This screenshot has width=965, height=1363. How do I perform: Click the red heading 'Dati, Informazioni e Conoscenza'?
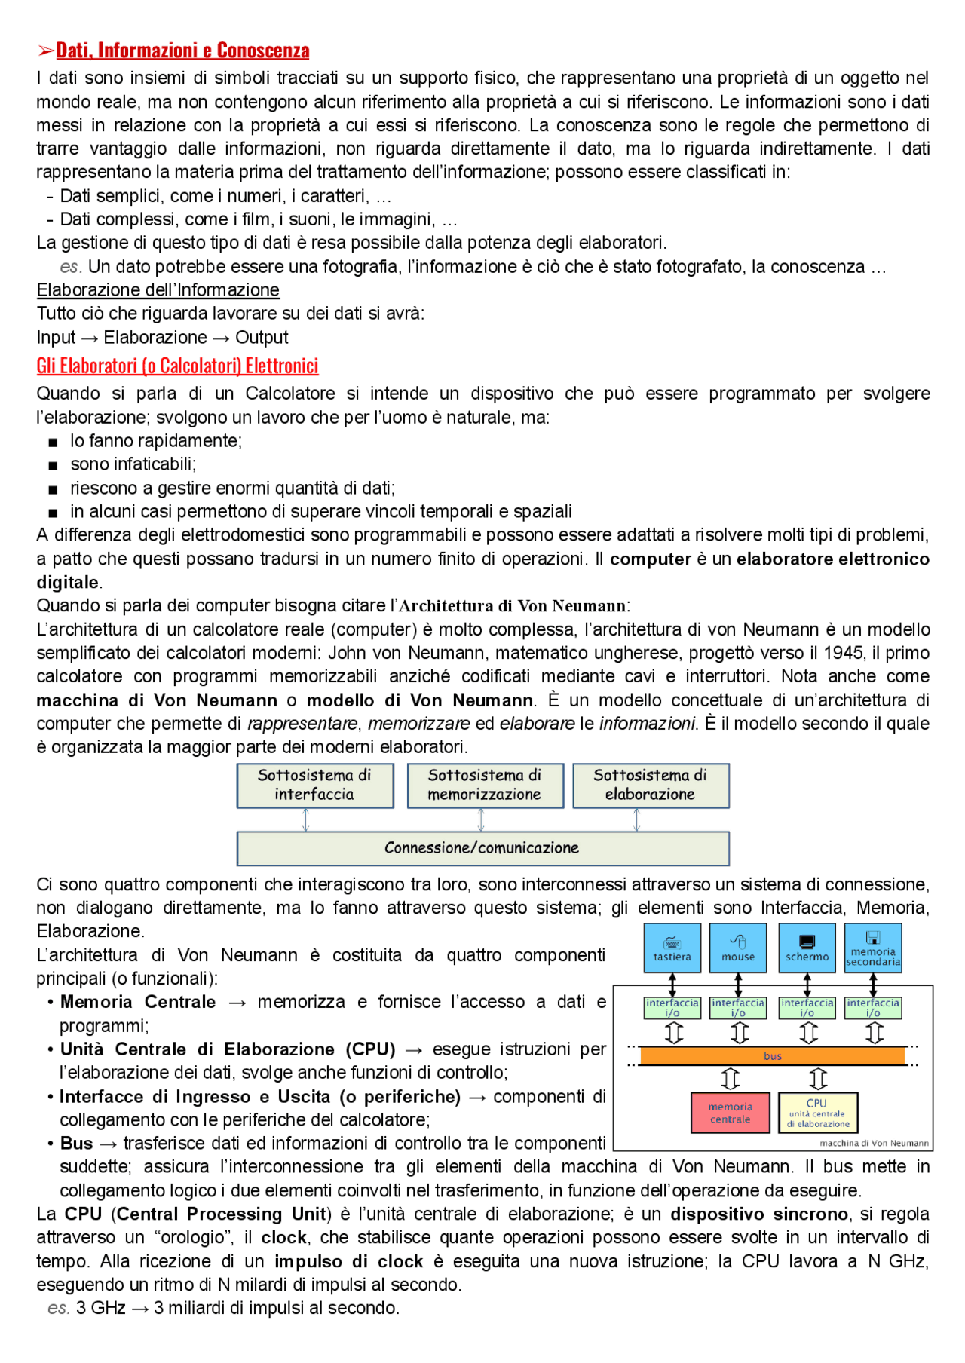[x=182, y=51]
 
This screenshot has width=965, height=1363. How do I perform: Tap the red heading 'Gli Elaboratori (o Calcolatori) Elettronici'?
[x=177, y=366]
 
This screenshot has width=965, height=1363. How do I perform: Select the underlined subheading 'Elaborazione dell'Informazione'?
[x=158, y=290]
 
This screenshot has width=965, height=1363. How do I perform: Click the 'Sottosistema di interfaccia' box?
[x=314, y=785]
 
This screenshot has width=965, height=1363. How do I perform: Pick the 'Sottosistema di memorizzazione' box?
[x=485, y=785]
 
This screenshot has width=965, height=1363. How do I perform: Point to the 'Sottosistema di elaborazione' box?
[x=650, y=785]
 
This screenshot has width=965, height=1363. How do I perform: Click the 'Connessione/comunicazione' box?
[x=482, y=848]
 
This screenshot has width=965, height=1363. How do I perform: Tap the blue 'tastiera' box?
[x=672, y=948]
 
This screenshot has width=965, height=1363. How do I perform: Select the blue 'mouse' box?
[x=738, y=948]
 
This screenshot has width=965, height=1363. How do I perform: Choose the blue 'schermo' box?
[x=807, y=948]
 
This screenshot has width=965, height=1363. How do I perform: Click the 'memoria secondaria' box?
[x=873, y=948]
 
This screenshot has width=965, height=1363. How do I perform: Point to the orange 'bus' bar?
[x=772, y=1056]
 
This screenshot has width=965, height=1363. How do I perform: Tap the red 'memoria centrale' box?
[x=730, y=1113]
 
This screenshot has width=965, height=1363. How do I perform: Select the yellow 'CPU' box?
[x=817, y=1113]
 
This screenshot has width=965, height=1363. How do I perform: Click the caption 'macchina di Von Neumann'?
[x=875, y=1143]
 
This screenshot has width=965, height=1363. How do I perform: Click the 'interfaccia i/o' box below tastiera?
[x=672, y=1008]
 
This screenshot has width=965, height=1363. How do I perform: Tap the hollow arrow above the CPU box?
[x=818, y=1078]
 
